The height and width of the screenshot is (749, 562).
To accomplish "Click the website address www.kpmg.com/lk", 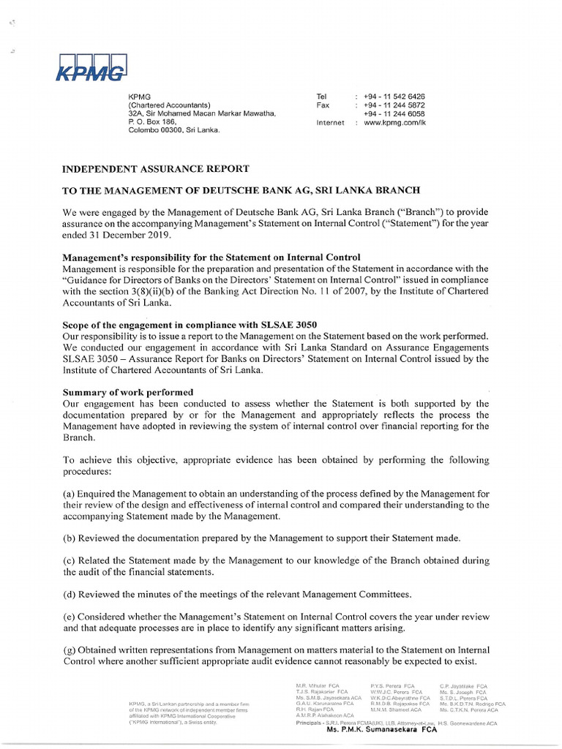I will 394,123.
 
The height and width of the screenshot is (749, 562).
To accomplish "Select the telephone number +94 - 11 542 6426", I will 394,97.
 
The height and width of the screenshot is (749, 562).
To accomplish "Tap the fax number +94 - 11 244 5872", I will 394,105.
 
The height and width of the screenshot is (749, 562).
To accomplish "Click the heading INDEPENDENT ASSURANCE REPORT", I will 156,168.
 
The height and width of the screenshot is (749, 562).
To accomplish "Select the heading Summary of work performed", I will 128,392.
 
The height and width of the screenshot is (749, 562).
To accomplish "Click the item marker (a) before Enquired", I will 69,494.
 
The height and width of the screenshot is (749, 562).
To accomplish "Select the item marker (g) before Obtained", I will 69,650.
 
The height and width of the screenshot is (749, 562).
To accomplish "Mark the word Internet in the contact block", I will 330,123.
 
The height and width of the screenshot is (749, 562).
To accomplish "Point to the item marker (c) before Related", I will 69,560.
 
